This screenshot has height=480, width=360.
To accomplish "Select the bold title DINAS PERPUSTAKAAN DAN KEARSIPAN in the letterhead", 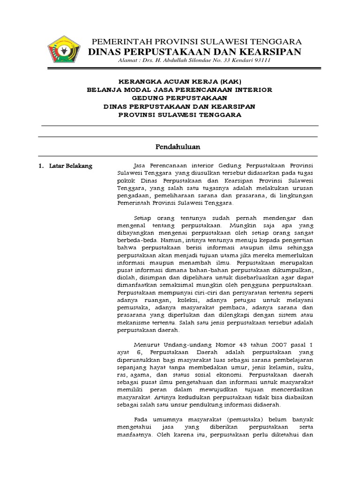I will click(195, 51).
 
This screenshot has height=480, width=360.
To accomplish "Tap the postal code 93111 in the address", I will click(260, 60).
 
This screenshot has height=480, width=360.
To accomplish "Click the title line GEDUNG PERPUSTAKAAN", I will click(180, 98).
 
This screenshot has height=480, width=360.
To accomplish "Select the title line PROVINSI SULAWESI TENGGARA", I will click(180, 115).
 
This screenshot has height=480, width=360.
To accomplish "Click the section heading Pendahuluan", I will click(178, 147).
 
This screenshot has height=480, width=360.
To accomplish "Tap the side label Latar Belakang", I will click(71, 166).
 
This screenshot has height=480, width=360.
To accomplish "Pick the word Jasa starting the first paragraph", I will click(141, 166).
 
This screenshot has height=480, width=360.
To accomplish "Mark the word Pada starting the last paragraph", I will click(141, 419).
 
